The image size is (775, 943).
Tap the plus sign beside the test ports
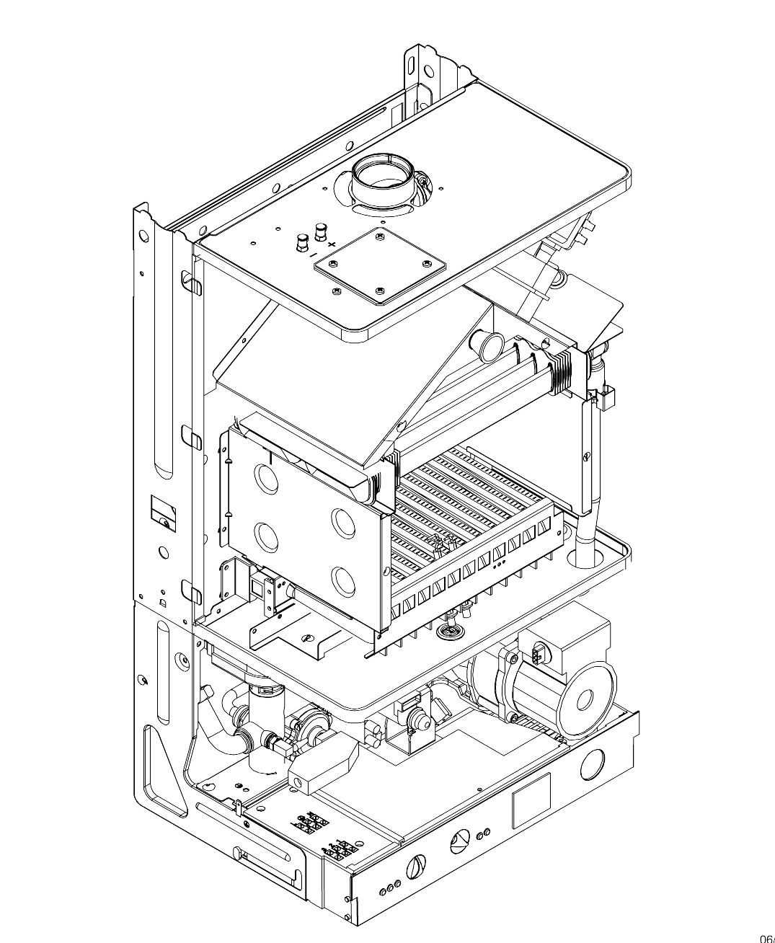click(332, 245)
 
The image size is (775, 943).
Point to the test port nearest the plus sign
click(319, 232)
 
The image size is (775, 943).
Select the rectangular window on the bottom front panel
click(531, 800)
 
